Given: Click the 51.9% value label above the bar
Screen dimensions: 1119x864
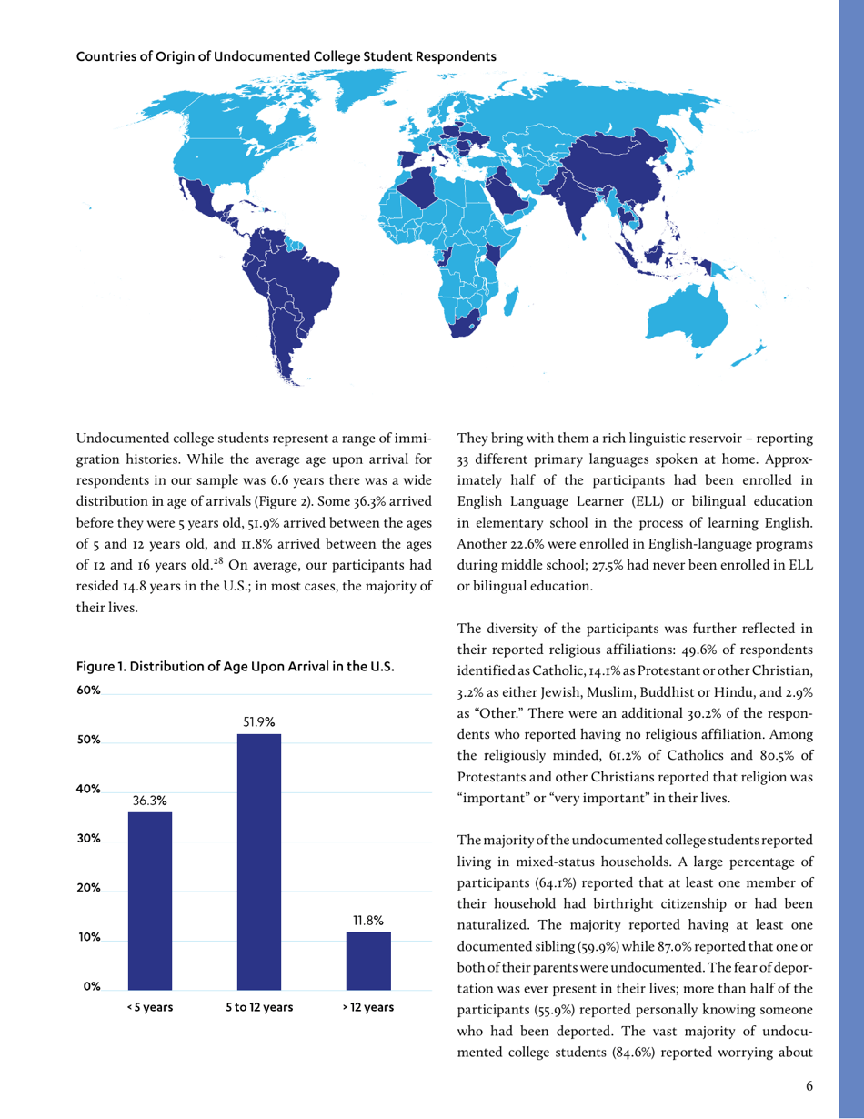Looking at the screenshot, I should pyautogui.click(x=259, y=721).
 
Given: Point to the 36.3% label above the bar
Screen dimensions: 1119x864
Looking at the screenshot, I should pyautogui.click(x=150, y=799).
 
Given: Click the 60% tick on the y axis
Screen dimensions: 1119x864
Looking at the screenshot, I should pyautogui.click(x=88, y=691).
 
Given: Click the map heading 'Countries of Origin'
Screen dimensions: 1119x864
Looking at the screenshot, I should pyautogui.click(x=286, y=55).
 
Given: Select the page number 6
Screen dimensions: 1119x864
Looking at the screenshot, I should pyautogui.click(x=809, y=1085).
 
